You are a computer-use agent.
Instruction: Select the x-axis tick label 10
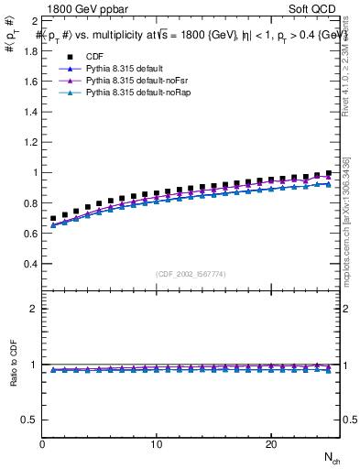tap(157, 445)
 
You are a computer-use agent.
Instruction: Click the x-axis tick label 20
tap(270, 445)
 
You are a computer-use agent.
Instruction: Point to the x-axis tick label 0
tap(43, 445)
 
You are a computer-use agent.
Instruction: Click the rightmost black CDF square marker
tap(328, 173)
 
